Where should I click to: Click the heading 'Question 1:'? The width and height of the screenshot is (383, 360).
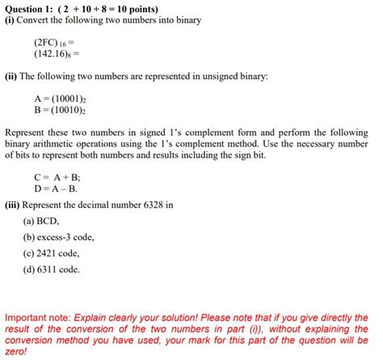point(31,6)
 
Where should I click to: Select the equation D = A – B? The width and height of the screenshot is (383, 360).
point(56,191)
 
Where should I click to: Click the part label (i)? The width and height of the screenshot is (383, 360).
point(10,19)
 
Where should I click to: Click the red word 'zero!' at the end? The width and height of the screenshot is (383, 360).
point(17,353)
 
